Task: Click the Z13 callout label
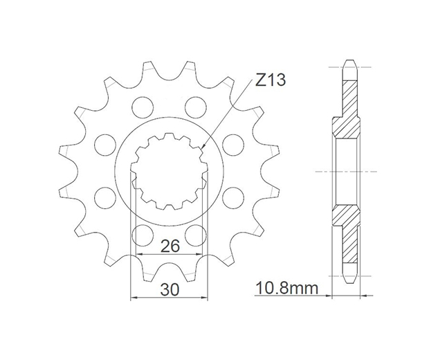tap(271, 80)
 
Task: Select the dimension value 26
tap(170, 246)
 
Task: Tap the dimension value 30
tap(170, 289)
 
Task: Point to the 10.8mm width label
tap(286, 288)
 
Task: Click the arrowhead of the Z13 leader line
tap(202, 147)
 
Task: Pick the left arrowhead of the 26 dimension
tap(140, 255)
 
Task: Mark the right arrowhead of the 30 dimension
tap(204, 297)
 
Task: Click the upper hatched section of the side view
tap(346, 109)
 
